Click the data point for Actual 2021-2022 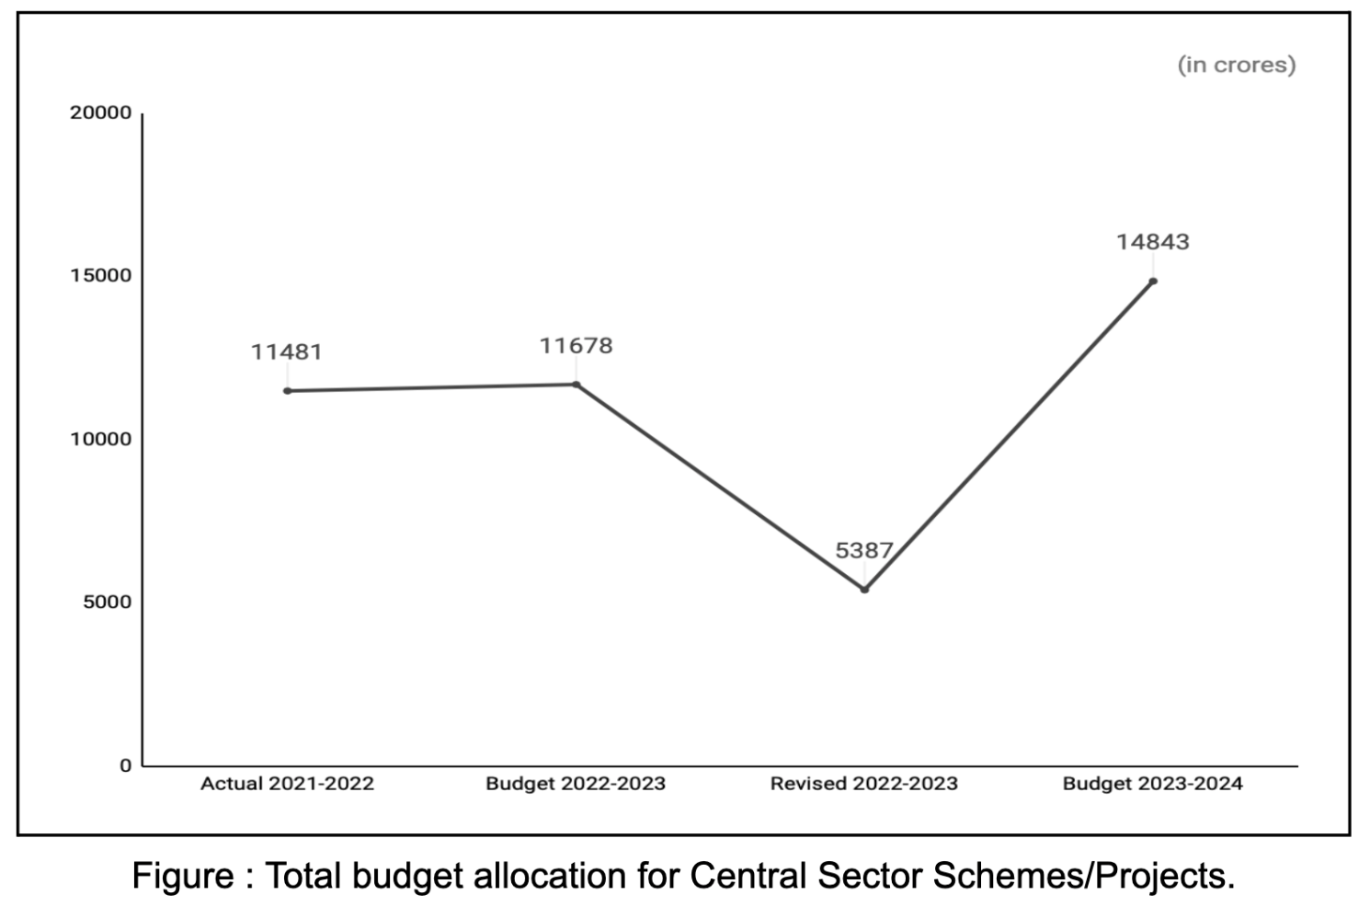coord(288,391)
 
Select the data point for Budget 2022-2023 coord(577,385)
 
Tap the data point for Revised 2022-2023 coord(864,590)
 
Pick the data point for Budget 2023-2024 coord(1153,281)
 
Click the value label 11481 coord(287,352)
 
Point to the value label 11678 coord(576,346)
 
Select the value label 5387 coord(863,551)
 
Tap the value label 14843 coord(1153,242)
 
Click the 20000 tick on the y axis coord(101,113)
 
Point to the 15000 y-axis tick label coord(101,276)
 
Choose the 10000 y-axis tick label coord(101,439)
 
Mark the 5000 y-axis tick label coord(107,603)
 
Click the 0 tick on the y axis coord(126,765)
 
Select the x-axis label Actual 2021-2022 coord(287,784)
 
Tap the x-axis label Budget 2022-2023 coord(576,784)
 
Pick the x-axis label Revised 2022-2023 coord(863,784)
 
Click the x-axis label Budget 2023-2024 coord(1152,784)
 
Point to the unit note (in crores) coord(1237,64)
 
